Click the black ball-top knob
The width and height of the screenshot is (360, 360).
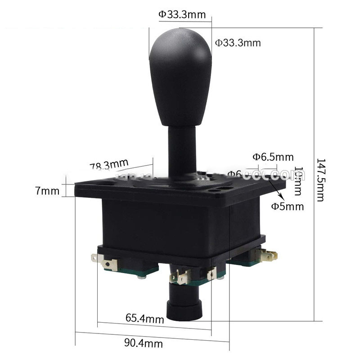coord(180,76)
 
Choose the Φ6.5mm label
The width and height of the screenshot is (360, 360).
coord(273,157)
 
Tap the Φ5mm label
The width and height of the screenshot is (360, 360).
coord(288,207)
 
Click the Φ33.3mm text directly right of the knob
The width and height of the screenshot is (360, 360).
coord(238,43)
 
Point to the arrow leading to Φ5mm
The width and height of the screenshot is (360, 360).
coord(279,193)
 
